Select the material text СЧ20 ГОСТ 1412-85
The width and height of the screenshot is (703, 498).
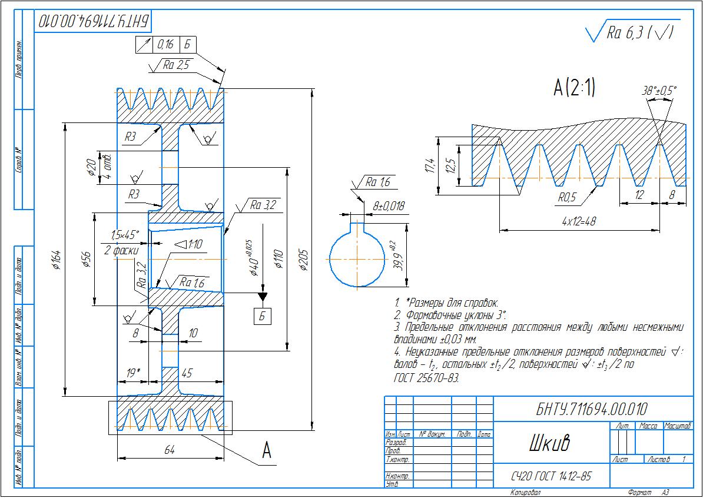551,476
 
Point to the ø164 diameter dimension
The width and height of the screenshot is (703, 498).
56,260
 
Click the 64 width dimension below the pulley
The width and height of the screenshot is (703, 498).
170,450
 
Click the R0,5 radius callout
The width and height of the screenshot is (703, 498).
567,198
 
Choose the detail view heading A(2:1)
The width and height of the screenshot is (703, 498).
574,88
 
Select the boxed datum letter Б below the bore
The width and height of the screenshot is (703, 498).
263,316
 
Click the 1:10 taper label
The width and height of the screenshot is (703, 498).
190,244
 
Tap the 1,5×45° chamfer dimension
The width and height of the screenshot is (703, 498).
124,235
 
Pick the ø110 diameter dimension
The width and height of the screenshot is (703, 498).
279,259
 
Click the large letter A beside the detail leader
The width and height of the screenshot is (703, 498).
266,451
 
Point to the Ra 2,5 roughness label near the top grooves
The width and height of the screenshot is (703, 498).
175,65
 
